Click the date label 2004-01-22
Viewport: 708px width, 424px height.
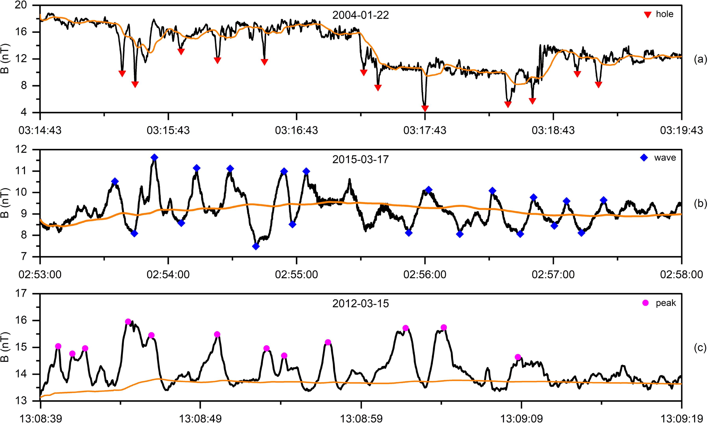click(360, 15)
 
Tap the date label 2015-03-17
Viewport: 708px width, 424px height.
click(360, 159)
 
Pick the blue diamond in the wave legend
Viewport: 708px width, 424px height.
click(644, 158)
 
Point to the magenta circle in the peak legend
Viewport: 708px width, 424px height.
click(643, 303)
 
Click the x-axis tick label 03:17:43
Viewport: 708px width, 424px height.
click(425, 130)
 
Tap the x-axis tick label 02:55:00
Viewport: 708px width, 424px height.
click(296, 275)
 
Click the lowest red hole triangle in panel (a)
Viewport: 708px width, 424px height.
click(425, 109)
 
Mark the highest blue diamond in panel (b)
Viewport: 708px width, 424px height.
click(154, 157)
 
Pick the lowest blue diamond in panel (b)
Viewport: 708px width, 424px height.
click(256, 246)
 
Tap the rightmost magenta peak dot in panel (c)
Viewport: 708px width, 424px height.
click(518, 357)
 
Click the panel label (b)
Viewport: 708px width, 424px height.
click(699, 203)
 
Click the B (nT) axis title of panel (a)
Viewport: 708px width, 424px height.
click(5, 59)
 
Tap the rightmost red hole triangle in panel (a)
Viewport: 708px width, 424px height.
click(598, 85)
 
